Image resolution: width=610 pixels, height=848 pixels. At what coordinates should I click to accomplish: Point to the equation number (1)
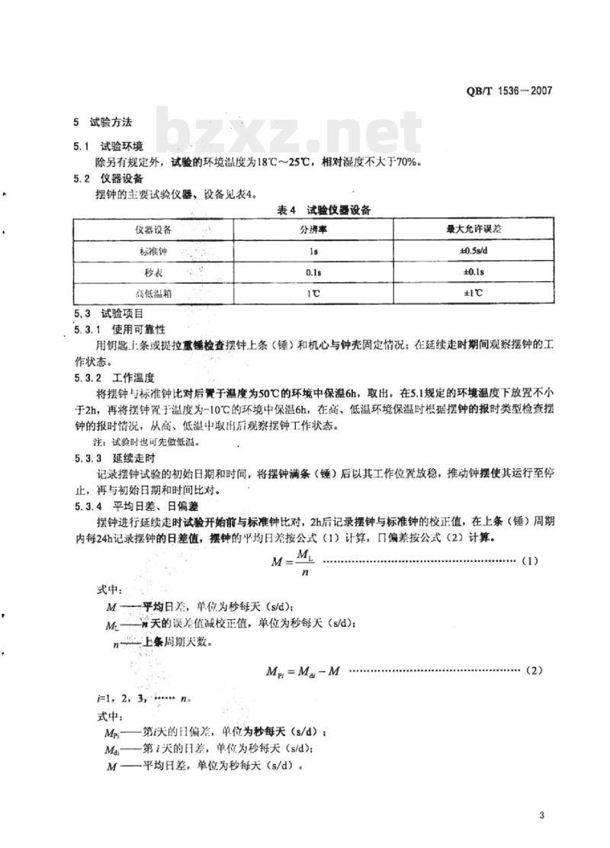(x=530, y=561)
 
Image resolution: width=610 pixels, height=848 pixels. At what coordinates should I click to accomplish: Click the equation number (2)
(x=533, y=670)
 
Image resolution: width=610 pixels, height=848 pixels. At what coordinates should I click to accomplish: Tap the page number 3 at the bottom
(x=541, y=817)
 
